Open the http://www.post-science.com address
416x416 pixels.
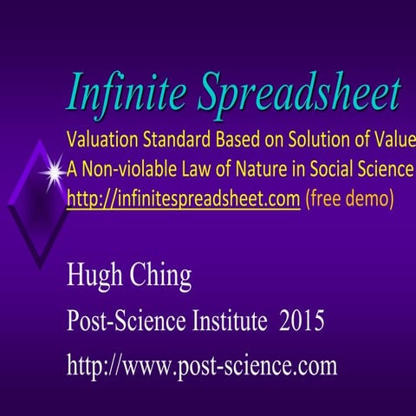[202, 366]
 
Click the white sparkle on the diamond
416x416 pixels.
[54, 173]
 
